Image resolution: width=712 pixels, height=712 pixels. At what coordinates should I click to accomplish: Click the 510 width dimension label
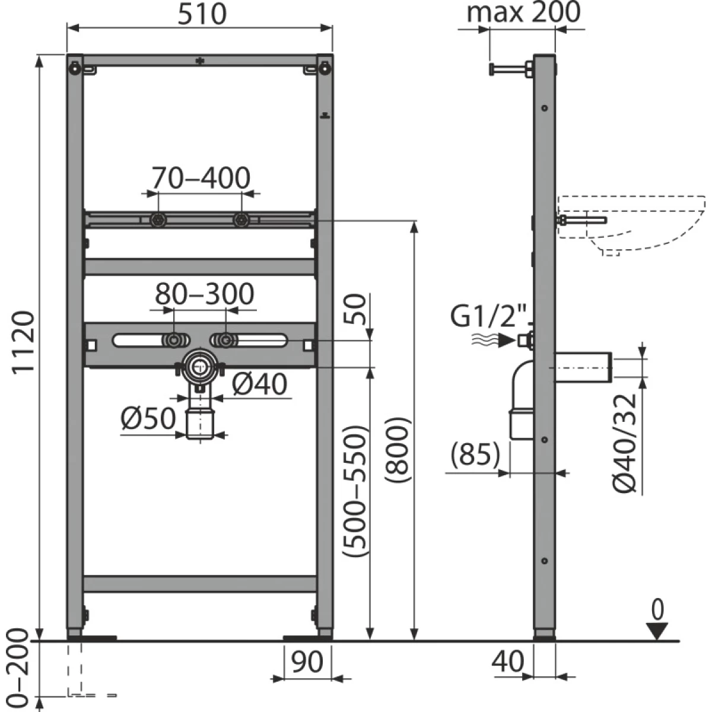pos(202,15)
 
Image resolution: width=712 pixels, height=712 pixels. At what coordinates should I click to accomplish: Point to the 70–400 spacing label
pos(201,178)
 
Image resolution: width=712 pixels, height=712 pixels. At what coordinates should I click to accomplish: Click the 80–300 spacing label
pos(204,294)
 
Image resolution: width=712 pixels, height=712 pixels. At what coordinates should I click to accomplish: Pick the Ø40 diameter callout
pos(259,384)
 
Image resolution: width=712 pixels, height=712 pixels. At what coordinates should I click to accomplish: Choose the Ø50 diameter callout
pos(148,419)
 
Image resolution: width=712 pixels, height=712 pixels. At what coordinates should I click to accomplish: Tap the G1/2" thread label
pos(489,316)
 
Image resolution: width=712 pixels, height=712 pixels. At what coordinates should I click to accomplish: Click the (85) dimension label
pos(475,454)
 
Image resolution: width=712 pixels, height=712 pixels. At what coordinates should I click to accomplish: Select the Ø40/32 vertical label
pos(625,444)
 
